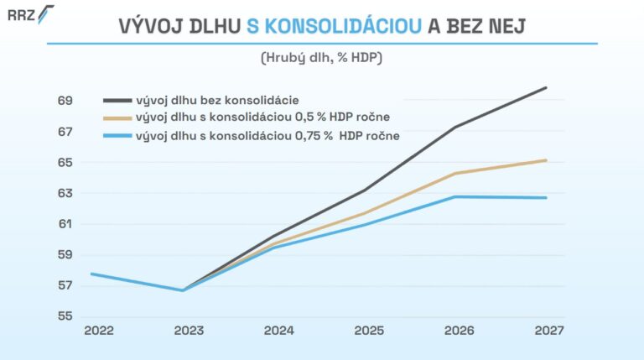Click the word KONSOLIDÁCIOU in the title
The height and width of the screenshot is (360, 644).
[x=335, y=27]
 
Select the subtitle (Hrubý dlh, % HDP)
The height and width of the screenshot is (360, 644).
[x=321, y=58]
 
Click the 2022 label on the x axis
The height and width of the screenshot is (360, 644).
[x=99, y=331]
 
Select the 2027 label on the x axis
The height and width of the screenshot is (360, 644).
[x=548, y=331]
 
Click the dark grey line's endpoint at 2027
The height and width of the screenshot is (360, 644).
[x=547, y=87]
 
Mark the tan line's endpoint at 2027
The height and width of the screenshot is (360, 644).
[x=547, y=160]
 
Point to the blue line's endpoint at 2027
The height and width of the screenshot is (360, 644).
[x=547, y=198]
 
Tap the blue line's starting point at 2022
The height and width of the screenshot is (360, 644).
[x=91, y=274]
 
